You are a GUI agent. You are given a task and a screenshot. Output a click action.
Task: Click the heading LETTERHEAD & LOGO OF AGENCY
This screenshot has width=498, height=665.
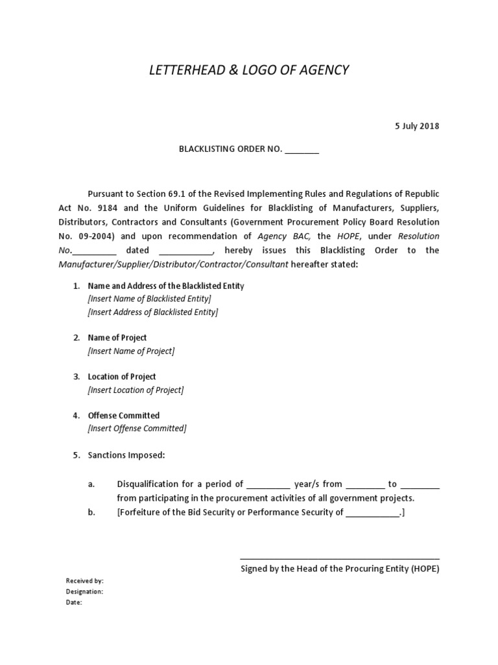[x=249, y=70]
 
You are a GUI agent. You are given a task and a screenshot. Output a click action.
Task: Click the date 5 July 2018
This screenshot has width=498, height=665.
[x=418, y=126]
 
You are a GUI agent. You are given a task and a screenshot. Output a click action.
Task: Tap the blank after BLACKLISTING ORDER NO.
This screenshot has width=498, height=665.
[x=302, y=150]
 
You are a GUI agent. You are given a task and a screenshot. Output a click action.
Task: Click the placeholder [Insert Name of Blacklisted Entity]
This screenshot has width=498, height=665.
[x=149, y=299]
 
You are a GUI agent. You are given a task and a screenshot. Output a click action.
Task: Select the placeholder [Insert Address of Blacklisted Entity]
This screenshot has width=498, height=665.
[x=152, y=312]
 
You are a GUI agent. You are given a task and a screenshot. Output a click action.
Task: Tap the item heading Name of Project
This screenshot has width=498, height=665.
[x=117, y=338]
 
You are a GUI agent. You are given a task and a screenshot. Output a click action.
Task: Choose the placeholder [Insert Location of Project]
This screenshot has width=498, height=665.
[x=136, y=390]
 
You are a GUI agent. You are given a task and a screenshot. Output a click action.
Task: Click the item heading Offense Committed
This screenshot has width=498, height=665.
[x=124, y=416]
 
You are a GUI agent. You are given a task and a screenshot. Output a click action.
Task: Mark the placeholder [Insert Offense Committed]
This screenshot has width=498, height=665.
[x=137, y=429]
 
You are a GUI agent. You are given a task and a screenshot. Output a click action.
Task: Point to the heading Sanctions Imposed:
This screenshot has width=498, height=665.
[x=126, y=455]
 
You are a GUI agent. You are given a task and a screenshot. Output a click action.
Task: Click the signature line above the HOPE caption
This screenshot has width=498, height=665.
[x=340, y=558]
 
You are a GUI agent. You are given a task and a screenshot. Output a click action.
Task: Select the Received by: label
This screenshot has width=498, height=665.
[x=85, y=581]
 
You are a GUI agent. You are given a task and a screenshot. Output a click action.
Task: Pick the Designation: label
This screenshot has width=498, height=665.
[x=85, y=592]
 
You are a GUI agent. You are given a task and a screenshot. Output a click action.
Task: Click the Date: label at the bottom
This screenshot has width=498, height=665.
[x=74, y=603]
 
